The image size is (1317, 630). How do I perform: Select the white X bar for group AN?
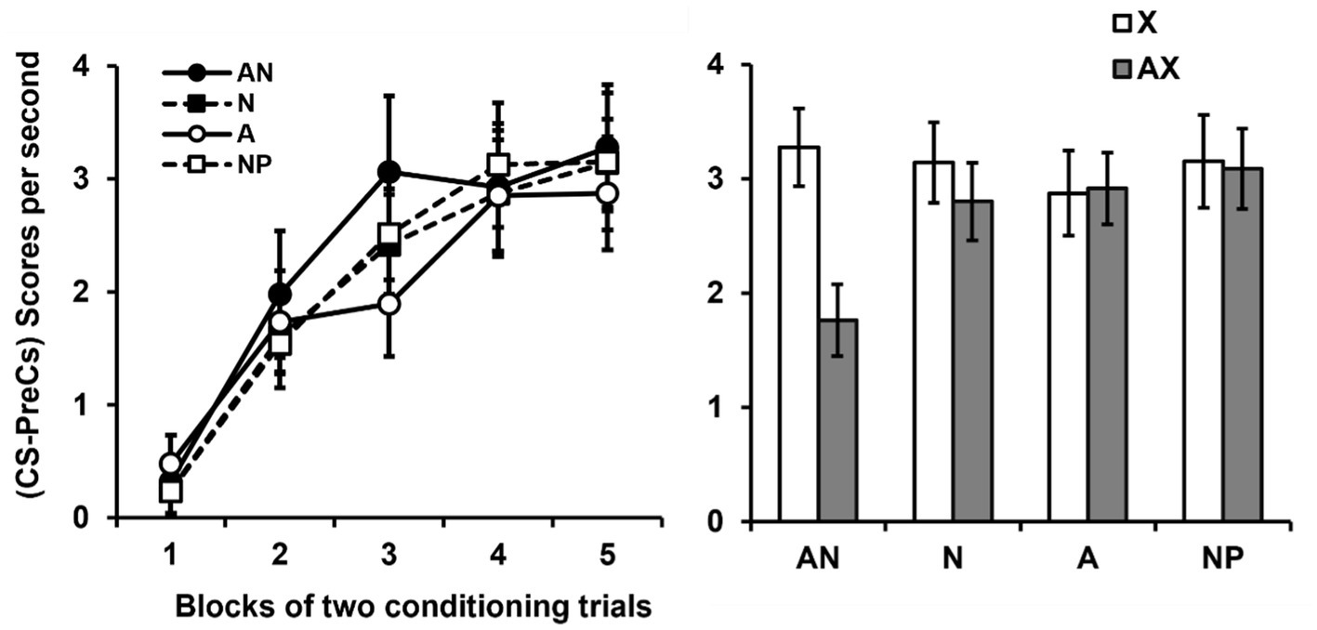[x=799, y=334]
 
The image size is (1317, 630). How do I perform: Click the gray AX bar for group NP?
[x=1242, y=345]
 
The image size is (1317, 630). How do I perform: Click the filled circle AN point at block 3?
[x=389, y=172]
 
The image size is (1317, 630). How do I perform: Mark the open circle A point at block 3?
[x=389, y=304]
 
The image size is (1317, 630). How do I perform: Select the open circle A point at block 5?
[x=608, y=193]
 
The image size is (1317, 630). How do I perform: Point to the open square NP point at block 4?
[x=499, y=164]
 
